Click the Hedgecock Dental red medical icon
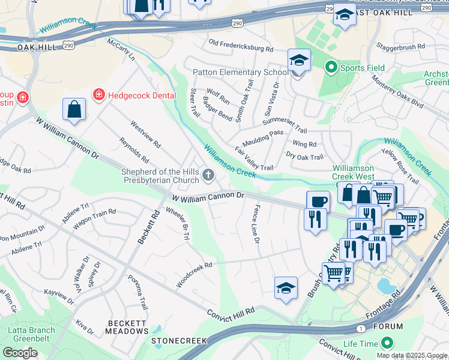(98, 94)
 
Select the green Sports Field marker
(330, 68)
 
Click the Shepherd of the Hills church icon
(208, 175)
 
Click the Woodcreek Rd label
(194, 274)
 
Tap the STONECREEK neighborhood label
(179, 340)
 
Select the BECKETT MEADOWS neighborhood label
(127, 326)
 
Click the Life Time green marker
(387, 343)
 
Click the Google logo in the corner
(20, 352)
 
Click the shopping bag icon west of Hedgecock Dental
(74, 109)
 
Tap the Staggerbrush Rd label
(400, 46)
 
